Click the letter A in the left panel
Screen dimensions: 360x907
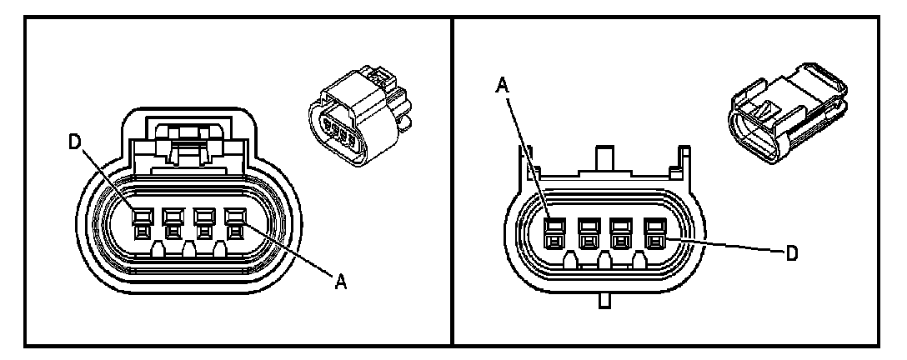340,283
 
